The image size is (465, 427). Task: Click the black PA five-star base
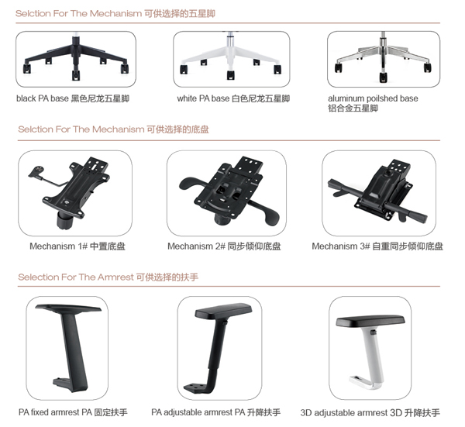click(76, 57)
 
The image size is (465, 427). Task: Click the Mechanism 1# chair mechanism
click(70, 192)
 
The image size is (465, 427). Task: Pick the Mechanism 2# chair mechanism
click(229, 191)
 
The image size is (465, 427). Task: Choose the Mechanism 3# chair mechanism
click(378, 191)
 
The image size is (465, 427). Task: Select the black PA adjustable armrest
click(218, 348)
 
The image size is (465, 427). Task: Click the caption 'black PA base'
click(43, 98)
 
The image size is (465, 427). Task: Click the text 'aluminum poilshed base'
click(373, 98)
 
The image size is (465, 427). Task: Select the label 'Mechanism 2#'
click(196, 246)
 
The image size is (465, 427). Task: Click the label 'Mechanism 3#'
click(341, 246)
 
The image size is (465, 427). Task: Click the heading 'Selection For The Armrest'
click(76, 277)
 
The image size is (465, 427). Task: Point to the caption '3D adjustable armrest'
click(344, 413)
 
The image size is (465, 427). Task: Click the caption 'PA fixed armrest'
click(49, 412)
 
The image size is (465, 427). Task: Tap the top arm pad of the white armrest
click(370, 322)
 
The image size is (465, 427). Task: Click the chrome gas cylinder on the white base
click(230, 40)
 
